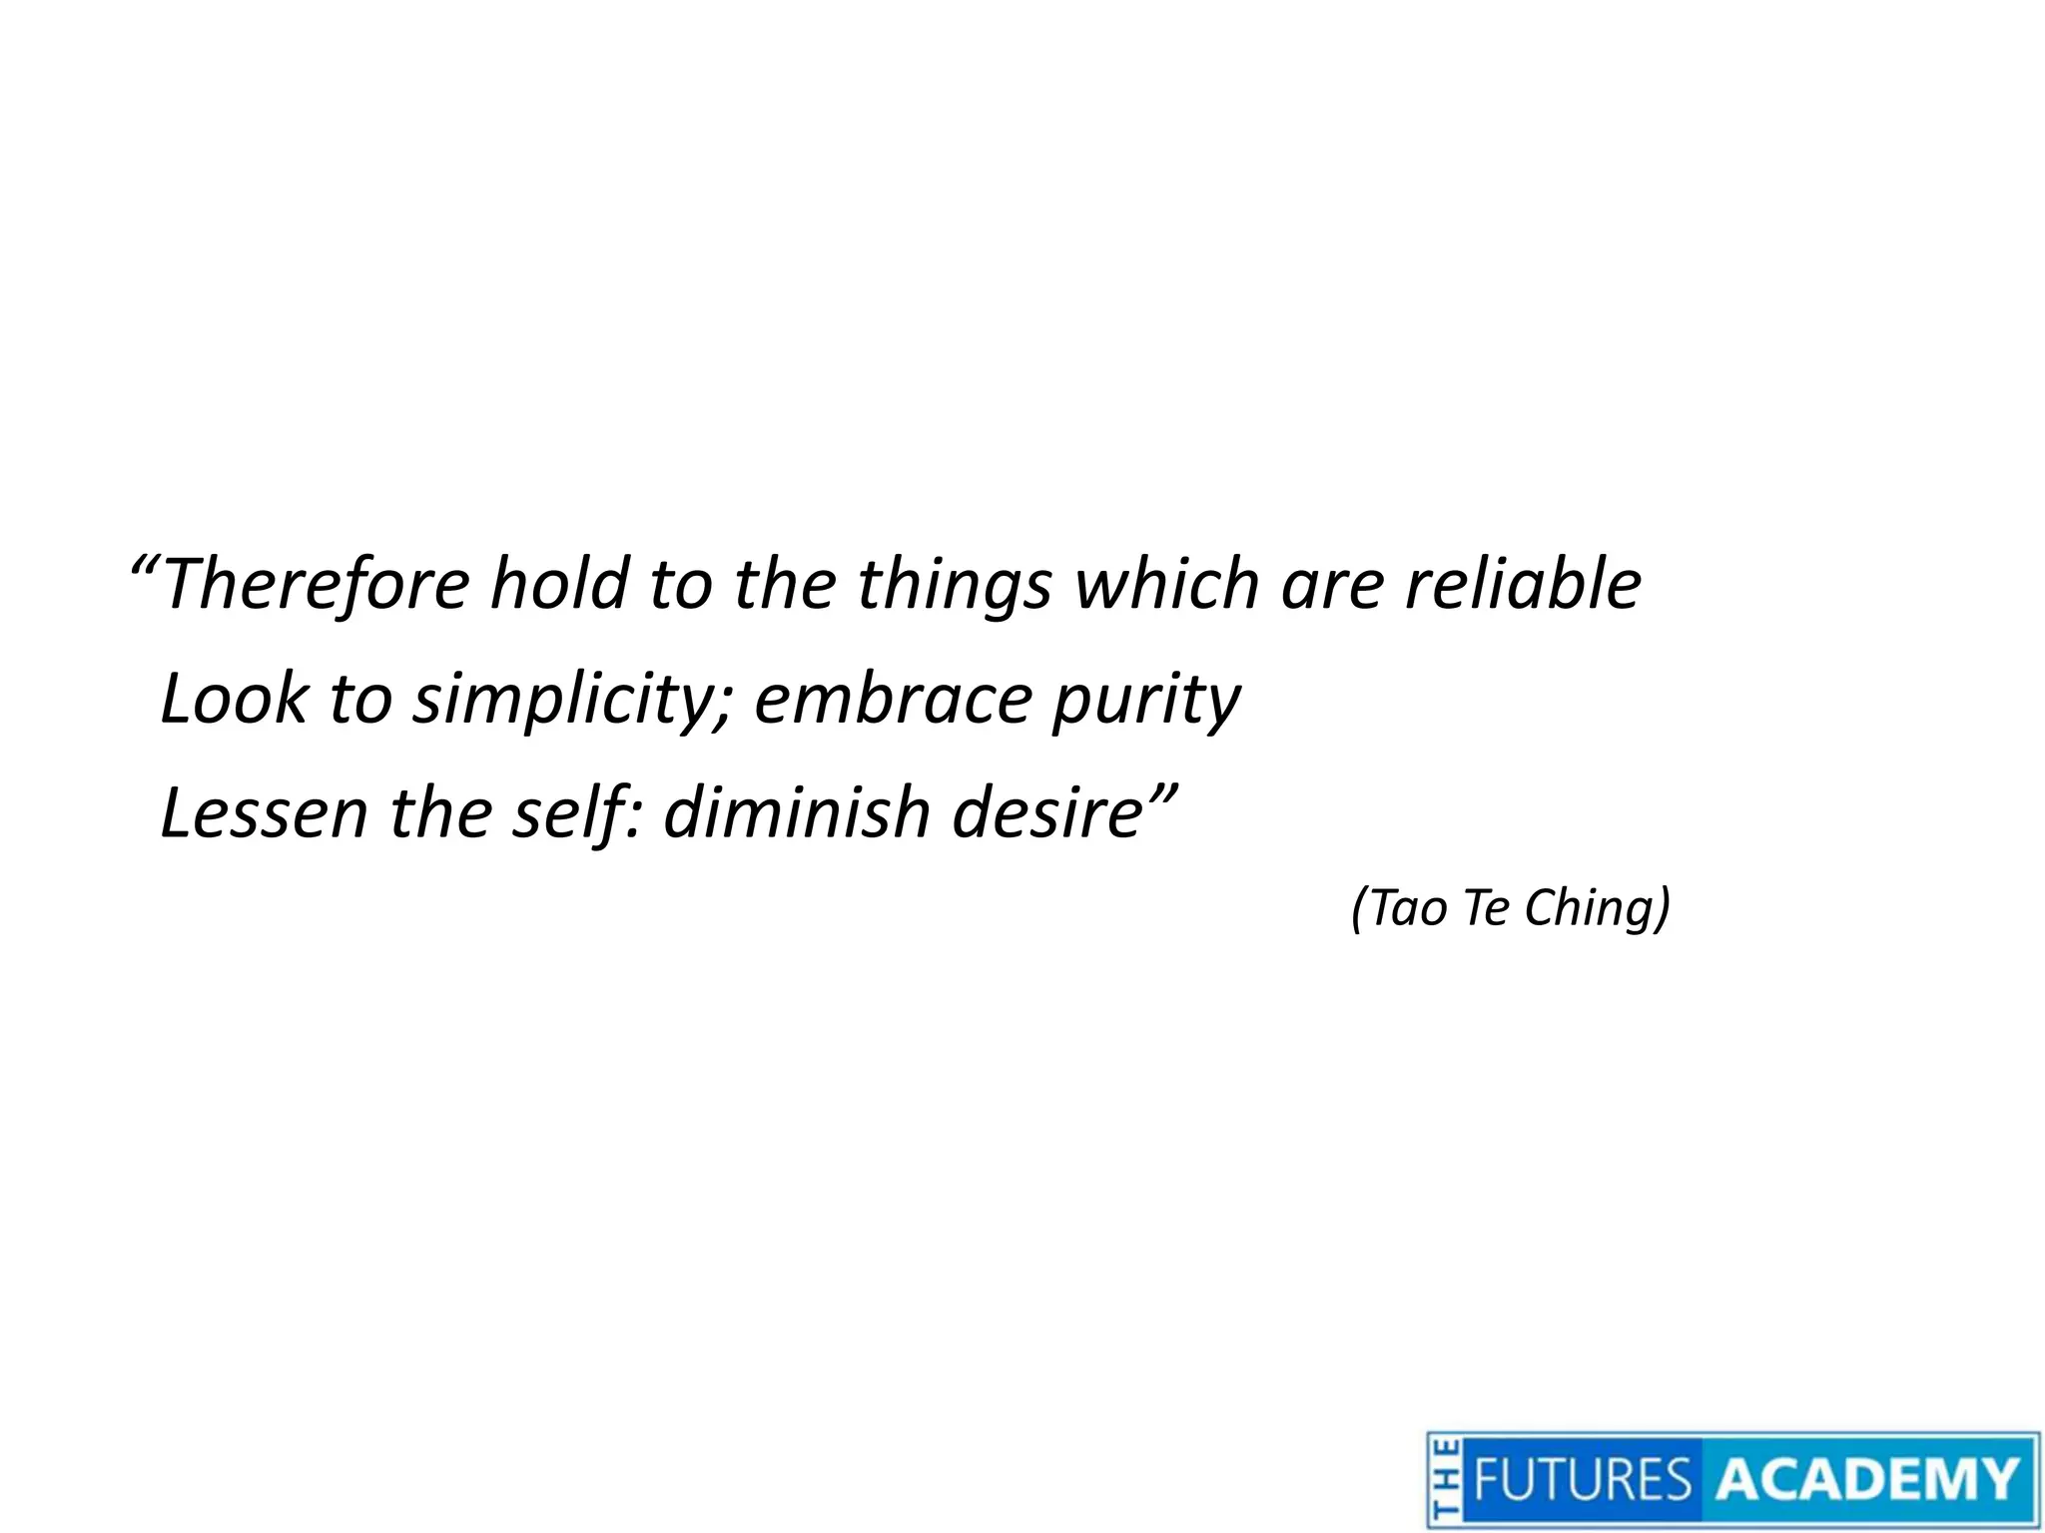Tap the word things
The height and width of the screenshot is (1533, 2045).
tap(954, 587)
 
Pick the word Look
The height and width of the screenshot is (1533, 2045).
tap(235, 699)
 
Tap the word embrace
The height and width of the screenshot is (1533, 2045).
tap(892, 699)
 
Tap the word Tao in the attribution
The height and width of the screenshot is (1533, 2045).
tap(1408, 909)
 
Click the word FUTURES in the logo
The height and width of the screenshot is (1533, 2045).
tap(1582, 1479)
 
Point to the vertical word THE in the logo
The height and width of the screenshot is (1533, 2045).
tap(1444, 1480)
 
